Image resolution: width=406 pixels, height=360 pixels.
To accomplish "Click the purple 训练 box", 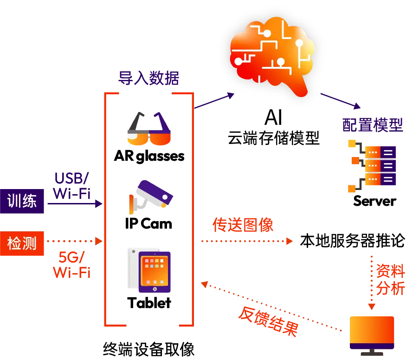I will coord(22,201).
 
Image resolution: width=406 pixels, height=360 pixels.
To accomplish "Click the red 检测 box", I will coord(22,243).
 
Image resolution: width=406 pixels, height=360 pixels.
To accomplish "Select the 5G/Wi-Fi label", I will coord(72,265).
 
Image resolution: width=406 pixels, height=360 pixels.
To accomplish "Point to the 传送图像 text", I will coord(243,225).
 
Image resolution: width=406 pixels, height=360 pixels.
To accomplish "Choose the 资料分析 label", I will coord(390,280).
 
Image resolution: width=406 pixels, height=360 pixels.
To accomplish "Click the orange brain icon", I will coord(271,51).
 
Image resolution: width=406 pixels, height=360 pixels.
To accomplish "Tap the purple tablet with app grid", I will coord(155,272).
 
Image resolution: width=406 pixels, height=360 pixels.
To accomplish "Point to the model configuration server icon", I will coord(371,165).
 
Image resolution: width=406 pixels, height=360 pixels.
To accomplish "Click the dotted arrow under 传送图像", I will coord(246,241).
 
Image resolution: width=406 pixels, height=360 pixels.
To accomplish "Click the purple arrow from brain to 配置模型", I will coord(341,101).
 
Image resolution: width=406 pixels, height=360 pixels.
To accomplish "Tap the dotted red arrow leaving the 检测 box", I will coord(73,241).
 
